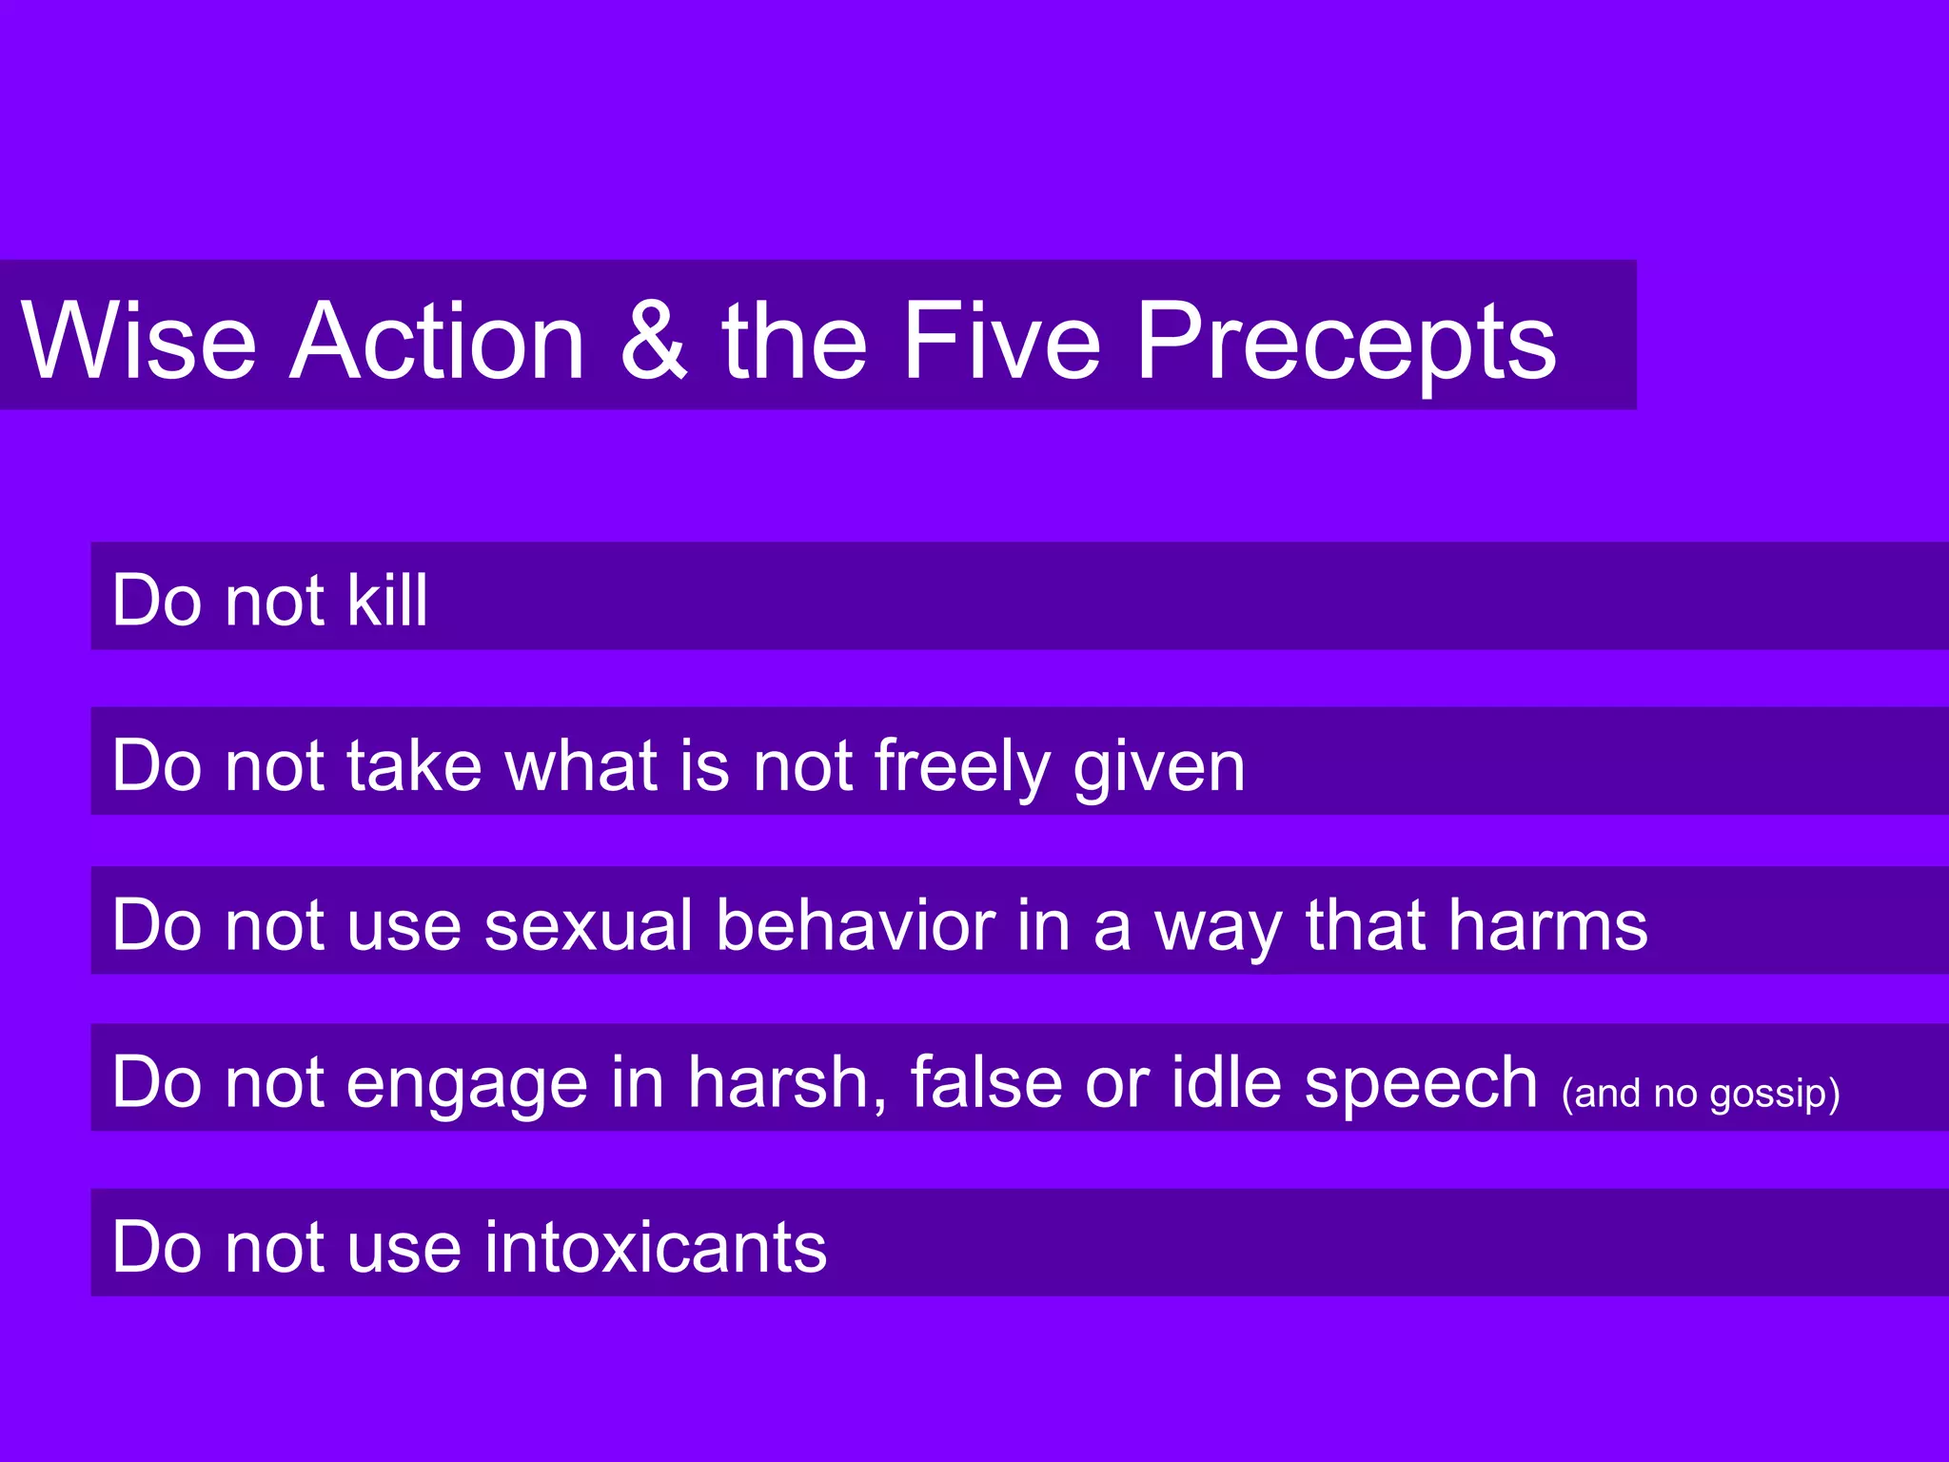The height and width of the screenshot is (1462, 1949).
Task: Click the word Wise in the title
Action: point(139,340)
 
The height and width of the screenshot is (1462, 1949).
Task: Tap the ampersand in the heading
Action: point(654,340)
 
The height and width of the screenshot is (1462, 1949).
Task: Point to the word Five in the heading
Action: point(1001,340)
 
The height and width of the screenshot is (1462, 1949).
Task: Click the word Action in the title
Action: point(438,340)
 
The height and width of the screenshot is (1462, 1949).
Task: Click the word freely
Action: point(961,767)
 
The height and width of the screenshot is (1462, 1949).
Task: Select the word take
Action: point(414,765)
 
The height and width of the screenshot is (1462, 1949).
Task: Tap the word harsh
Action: point(786,1083)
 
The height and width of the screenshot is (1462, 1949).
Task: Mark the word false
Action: point(986,1082)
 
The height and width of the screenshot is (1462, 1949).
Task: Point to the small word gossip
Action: point(1768,1095)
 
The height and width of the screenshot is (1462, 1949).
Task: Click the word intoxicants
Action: point(656,1247)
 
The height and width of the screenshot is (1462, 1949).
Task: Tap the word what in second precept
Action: point(581,765)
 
